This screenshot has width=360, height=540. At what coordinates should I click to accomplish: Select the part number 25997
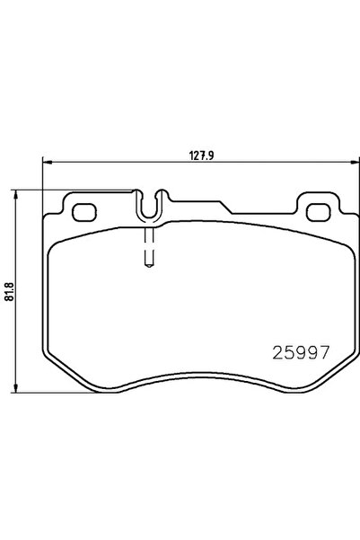[x=295, y=354]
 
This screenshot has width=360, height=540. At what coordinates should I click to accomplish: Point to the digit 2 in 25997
[x=274, y=354]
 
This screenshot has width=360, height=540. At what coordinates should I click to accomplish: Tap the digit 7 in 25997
[x=316, y=354]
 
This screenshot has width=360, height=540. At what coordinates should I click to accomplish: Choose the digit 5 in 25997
[x=285, y=354]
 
